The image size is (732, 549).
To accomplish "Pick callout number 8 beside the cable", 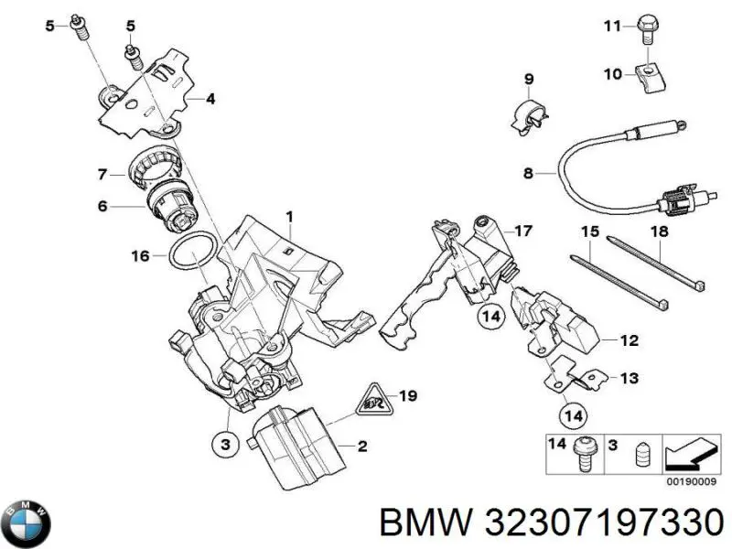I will [x=528, y=172].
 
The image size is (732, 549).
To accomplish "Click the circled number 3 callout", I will [x=223, y=443].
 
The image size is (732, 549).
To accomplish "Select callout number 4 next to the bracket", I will [x=210, y=99].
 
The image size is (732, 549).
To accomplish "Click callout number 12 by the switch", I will [x=628, y=341].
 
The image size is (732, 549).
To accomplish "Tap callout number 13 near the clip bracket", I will [x=628, y=377].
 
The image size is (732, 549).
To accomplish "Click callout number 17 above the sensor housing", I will [x=522, y=231].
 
